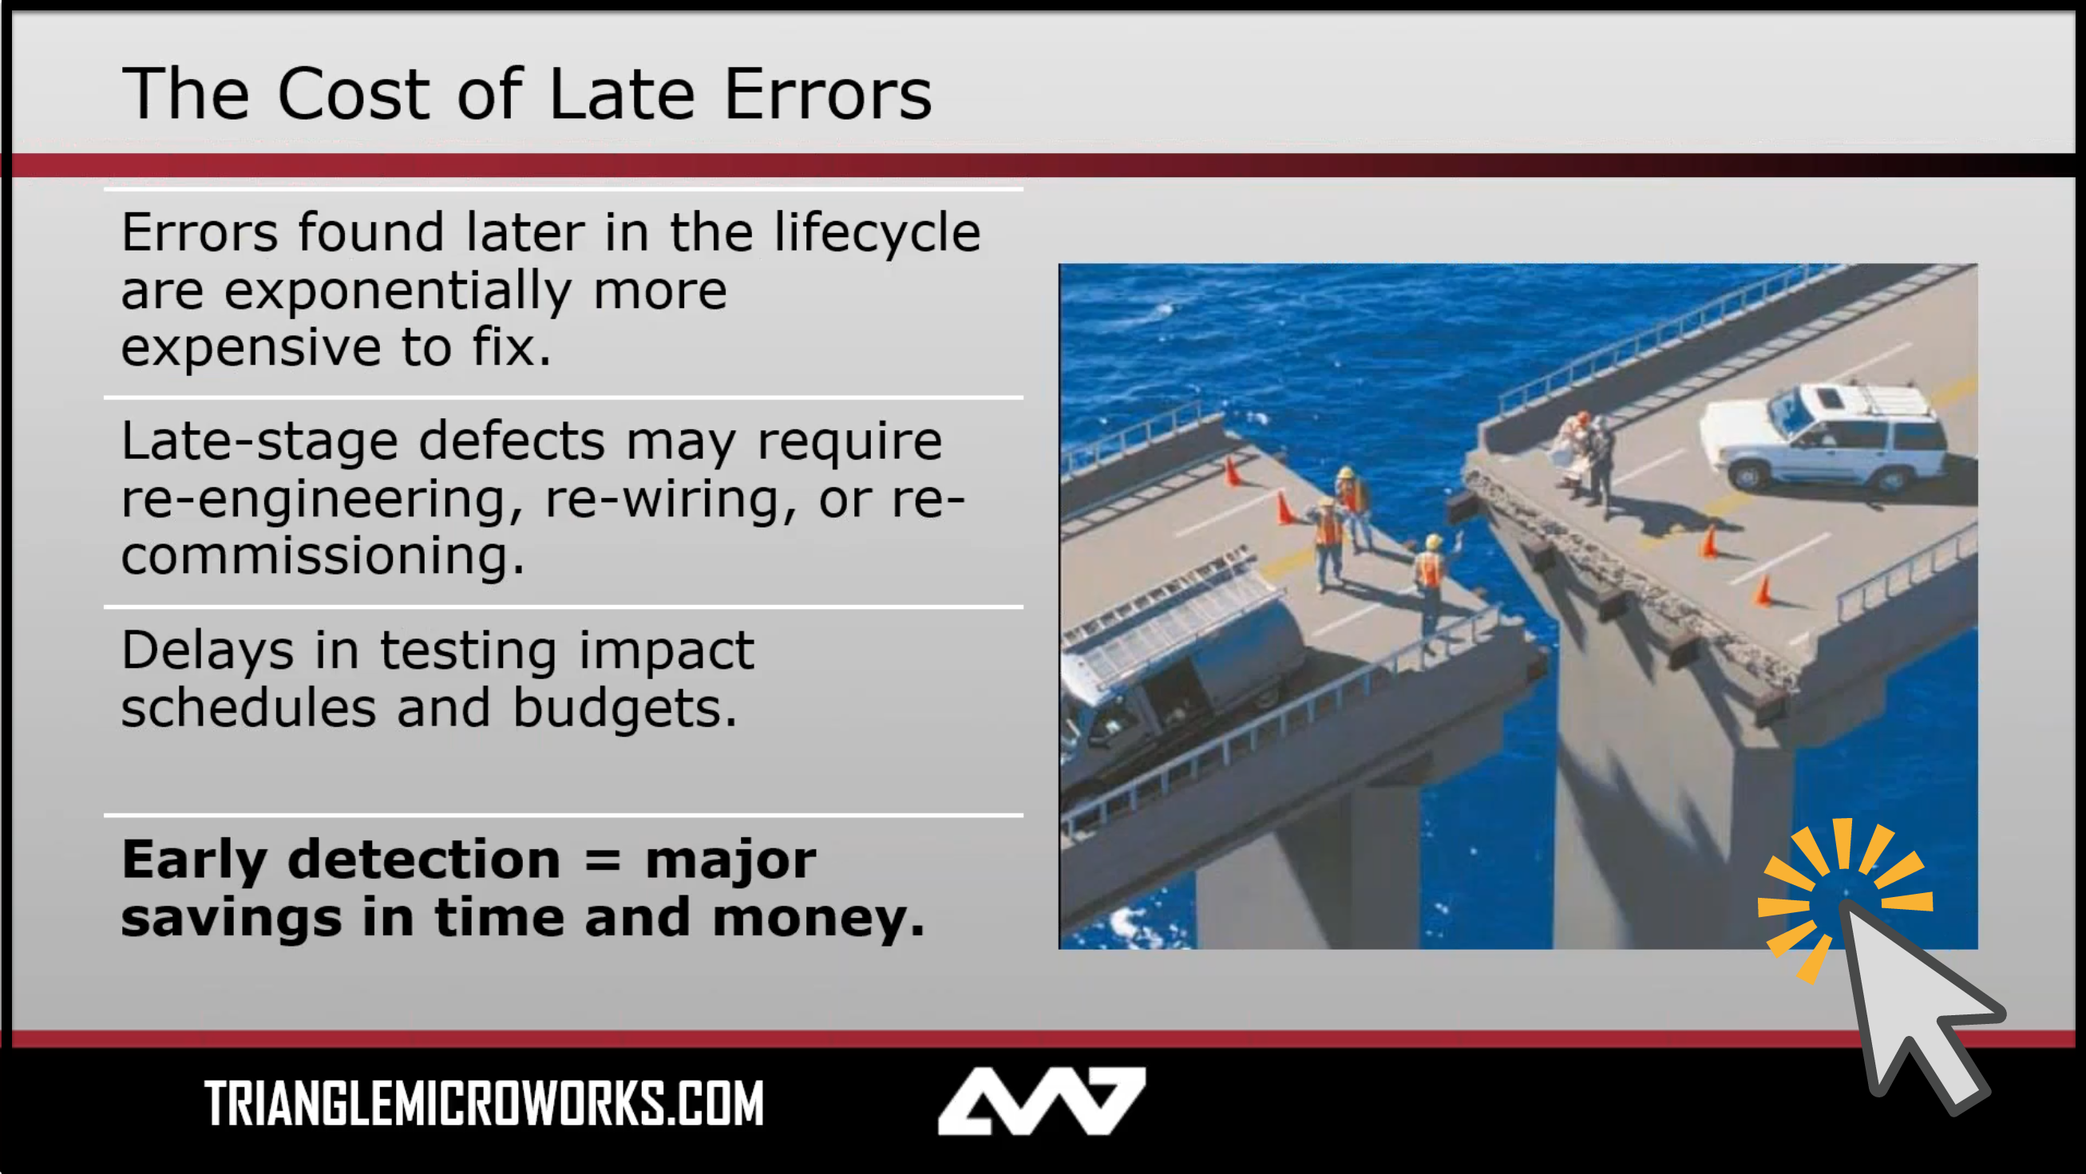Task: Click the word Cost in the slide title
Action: pyautogui.click(x=353, y=94)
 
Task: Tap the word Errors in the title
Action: pyautogui.click(x=828, y=94)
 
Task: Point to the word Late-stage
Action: pyautogui.click(x=259, y=441)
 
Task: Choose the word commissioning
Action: pyautogui.click(x=323, y=557)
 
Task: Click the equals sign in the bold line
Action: pyautogui.click(x=603, y=860)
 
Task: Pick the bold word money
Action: pyautogui.click(x=818, y=919)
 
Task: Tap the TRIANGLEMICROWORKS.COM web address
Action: pyautogui.click(x=485, y=1104)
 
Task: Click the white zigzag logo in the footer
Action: pyautogui.click(x=1041, y=1101)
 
